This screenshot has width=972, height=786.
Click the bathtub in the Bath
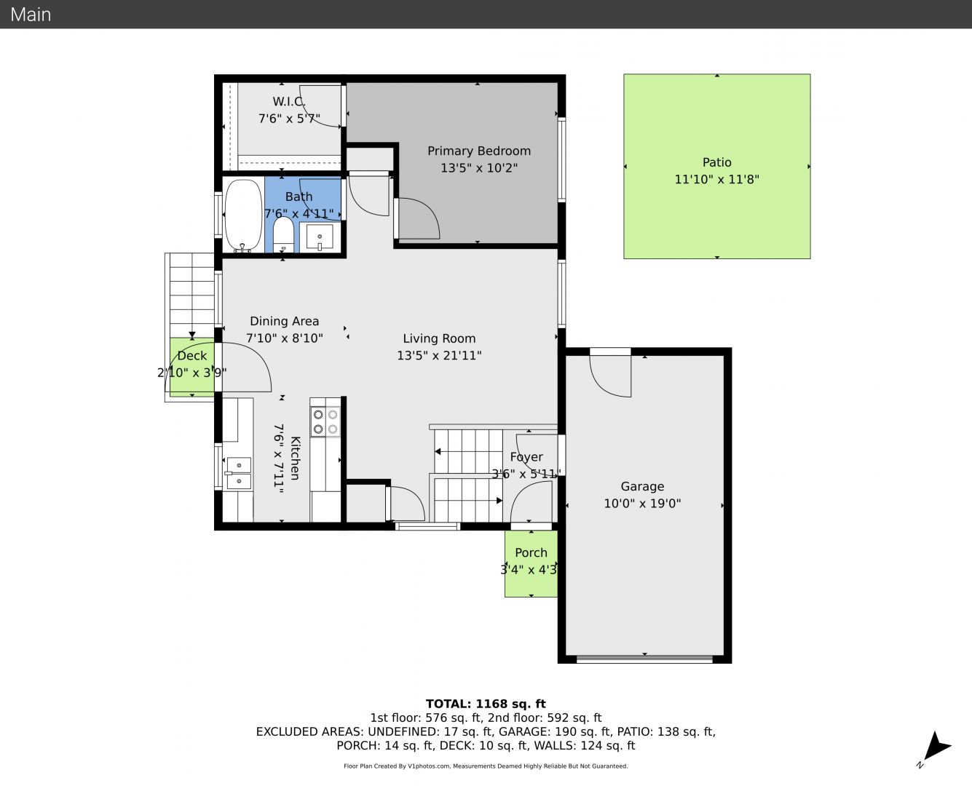[x=243, y=215]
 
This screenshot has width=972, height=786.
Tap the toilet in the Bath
[x=283, y=234]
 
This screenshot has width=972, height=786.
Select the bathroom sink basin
[x=320, y=237]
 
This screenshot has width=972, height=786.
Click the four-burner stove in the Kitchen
[x=325, y=422]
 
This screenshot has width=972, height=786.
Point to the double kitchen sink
[x=239, y=473]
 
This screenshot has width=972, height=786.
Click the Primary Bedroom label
[x=478, y=151]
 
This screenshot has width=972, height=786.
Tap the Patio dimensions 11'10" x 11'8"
[x=716, y=179]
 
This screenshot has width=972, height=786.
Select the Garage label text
[x=642, y=487]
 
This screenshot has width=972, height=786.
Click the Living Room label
[x=439, y=338]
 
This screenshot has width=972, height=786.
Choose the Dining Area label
[x=284, y=321]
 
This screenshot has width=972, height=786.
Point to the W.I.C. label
[x=289, y=101]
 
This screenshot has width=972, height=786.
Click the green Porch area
[x=531, y=563]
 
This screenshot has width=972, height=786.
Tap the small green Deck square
[x=192, y=367]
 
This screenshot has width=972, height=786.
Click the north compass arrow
[x=937, y=747]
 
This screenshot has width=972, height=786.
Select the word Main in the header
[x=31, y=15]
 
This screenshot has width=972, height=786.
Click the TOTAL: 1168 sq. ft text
[x=486, y=704]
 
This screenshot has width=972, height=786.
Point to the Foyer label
[x=526, y=457]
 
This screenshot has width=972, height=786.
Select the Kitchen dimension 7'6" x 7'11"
[x=278, y=458]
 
